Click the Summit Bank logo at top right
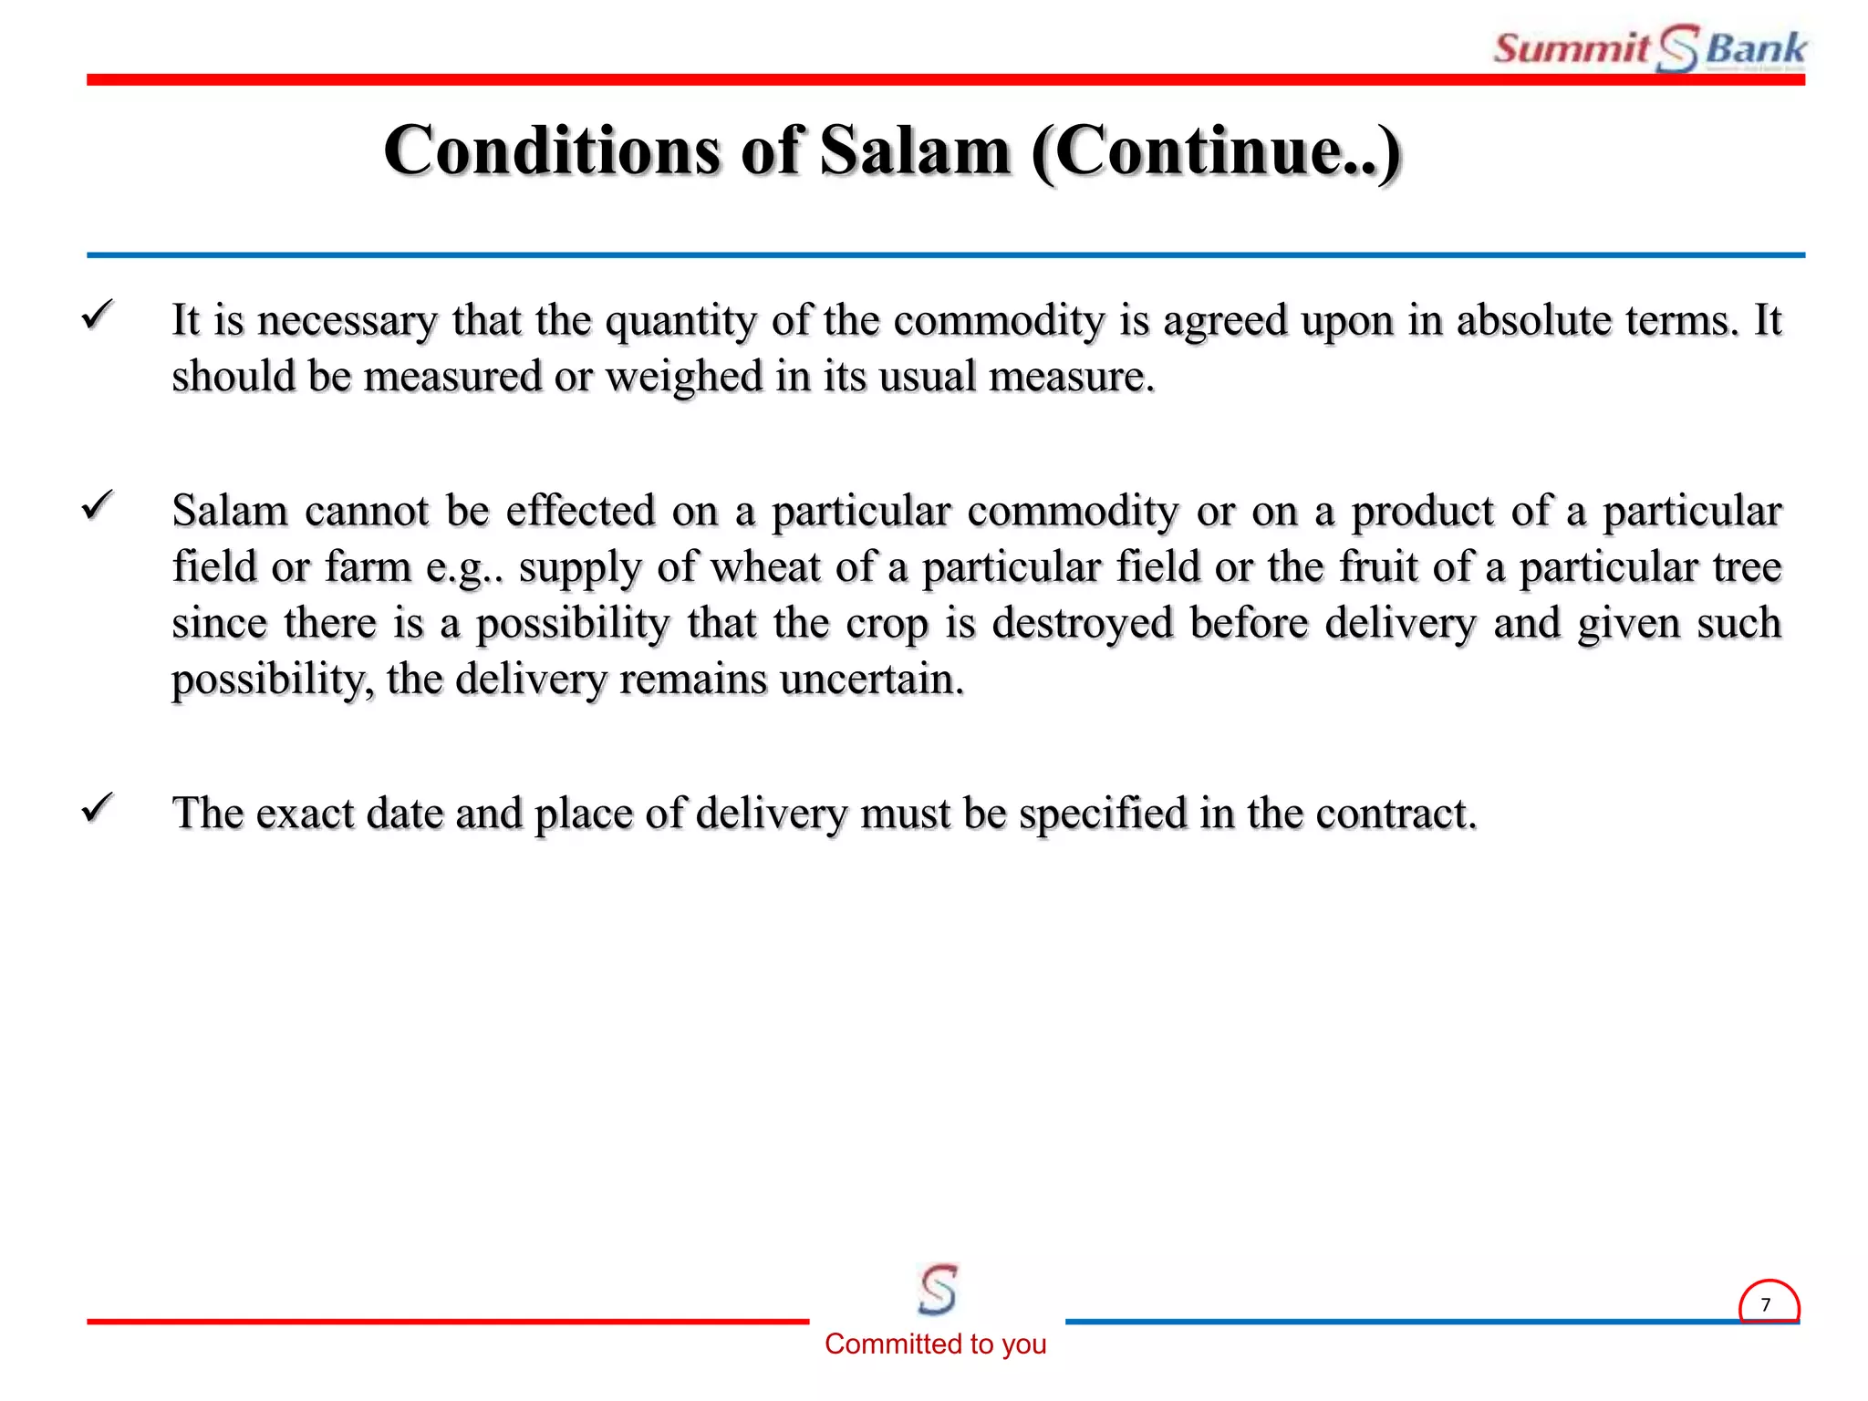coord(1649,48)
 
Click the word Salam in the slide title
coord(915,150)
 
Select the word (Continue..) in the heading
coord(1217,150)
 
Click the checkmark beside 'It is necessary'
coord(97,316)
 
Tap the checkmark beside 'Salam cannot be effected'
coord(97,505)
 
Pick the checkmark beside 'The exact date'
coord(97,808)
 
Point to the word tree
coord(1747,567)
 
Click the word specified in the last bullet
coord(1102,813)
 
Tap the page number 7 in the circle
coord(1767,1305)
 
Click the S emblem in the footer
coord(938,1289)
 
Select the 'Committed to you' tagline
coord(935,1344)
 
